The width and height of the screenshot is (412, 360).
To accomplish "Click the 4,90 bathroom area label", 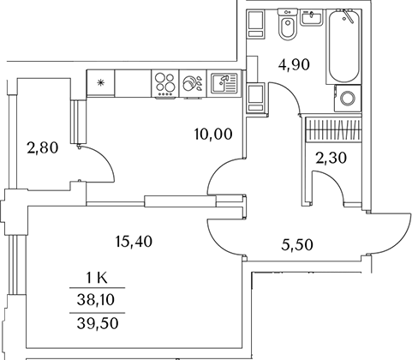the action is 294,65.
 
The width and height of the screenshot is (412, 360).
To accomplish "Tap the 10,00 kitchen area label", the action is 213,134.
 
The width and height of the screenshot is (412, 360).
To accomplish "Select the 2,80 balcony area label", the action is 43,148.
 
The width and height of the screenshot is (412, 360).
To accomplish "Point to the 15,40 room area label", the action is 134,242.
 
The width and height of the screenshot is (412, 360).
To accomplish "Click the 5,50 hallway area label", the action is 297,245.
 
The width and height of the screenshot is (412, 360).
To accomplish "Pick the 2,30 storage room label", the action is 331,158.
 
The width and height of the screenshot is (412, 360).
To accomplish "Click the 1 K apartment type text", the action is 97,278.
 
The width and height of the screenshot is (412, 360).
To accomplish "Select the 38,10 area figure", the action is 96,300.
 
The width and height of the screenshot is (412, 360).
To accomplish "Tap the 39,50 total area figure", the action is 98,323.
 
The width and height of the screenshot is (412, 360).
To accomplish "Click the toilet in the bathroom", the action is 288,25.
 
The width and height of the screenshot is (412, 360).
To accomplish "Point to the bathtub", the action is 343,46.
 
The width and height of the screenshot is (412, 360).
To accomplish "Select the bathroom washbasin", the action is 312,17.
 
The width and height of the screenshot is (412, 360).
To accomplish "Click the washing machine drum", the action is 348,98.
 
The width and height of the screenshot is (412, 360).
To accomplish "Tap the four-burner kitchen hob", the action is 165,83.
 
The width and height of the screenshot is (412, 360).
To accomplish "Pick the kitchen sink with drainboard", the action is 224,83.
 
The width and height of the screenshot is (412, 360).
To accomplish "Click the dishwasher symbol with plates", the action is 193,83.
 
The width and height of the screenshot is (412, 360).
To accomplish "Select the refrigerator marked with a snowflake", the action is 100,83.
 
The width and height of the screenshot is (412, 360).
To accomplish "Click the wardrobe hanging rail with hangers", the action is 333,129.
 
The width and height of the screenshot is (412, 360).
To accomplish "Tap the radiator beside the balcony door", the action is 78,122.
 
